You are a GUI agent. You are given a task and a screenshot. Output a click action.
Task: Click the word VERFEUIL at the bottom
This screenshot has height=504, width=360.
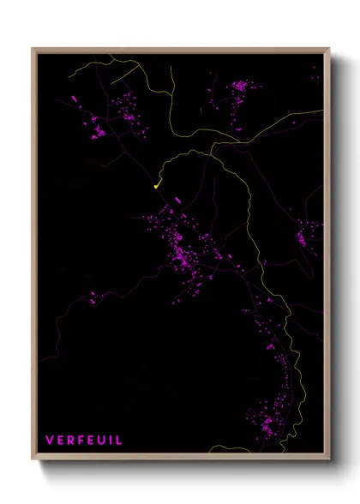click(x=83, y=441)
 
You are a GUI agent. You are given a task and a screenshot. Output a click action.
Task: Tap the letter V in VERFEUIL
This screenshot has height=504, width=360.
click(x=50, y=441)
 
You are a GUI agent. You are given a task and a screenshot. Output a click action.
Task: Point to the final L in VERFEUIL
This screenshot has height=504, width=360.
click(x=118, y=441)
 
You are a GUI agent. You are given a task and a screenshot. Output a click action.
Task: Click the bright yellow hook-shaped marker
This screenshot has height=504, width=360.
click(x=157, y=183)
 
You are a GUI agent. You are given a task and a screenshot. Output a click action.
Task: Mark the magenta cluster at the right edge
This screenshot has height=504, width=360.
click(x=306, y=233)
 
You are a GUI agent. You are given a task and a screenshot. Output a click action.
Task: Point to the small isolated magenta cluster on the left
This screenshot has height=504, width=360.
click(x=93, y=298)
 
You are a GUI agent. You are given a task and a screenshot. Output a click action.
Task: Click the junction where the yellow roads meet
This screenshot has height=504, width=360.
click(x=214, y=143)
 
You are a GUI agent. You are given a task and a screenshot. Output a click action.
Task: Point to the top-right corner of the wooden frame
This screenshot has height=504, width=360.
click(x=329, y=49)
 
